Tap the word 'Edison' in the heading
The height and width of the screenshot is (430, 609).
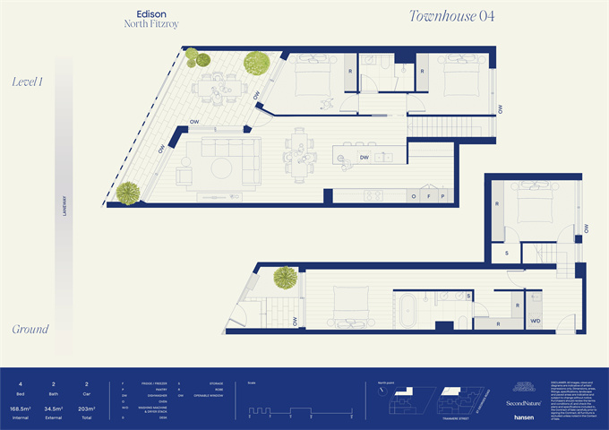click(x=148, y=14)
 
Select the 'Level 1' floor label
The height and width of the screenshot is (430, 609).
click(x=29, y=82)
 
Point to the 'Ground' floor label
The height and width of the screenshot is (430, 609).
click(x=30, y=329)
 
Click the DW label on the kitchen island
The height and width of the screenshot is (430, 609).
click(x=365, y=158)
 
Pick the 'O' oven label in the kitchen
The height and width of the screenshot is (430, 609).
click(x=414, y=195)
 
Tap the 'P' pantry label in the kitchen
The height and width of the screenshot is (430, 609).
click(x=442, y=195)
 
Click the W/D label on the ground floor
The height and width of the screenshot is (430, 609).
click(x=535, y=320)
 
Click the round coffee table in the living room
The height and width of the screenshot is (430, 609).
click(x=221, y=166)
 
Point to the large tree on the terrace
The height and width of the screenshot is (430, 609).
click(x=257, y=63)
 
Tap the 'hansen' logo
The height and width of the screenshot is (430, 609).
click(x=525, y=417)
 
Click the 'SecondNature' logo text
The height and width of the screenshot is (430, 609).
click(x=524, y=402)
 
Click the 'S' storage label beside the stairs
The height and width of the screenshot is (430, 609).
click(x=507, y=253)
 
